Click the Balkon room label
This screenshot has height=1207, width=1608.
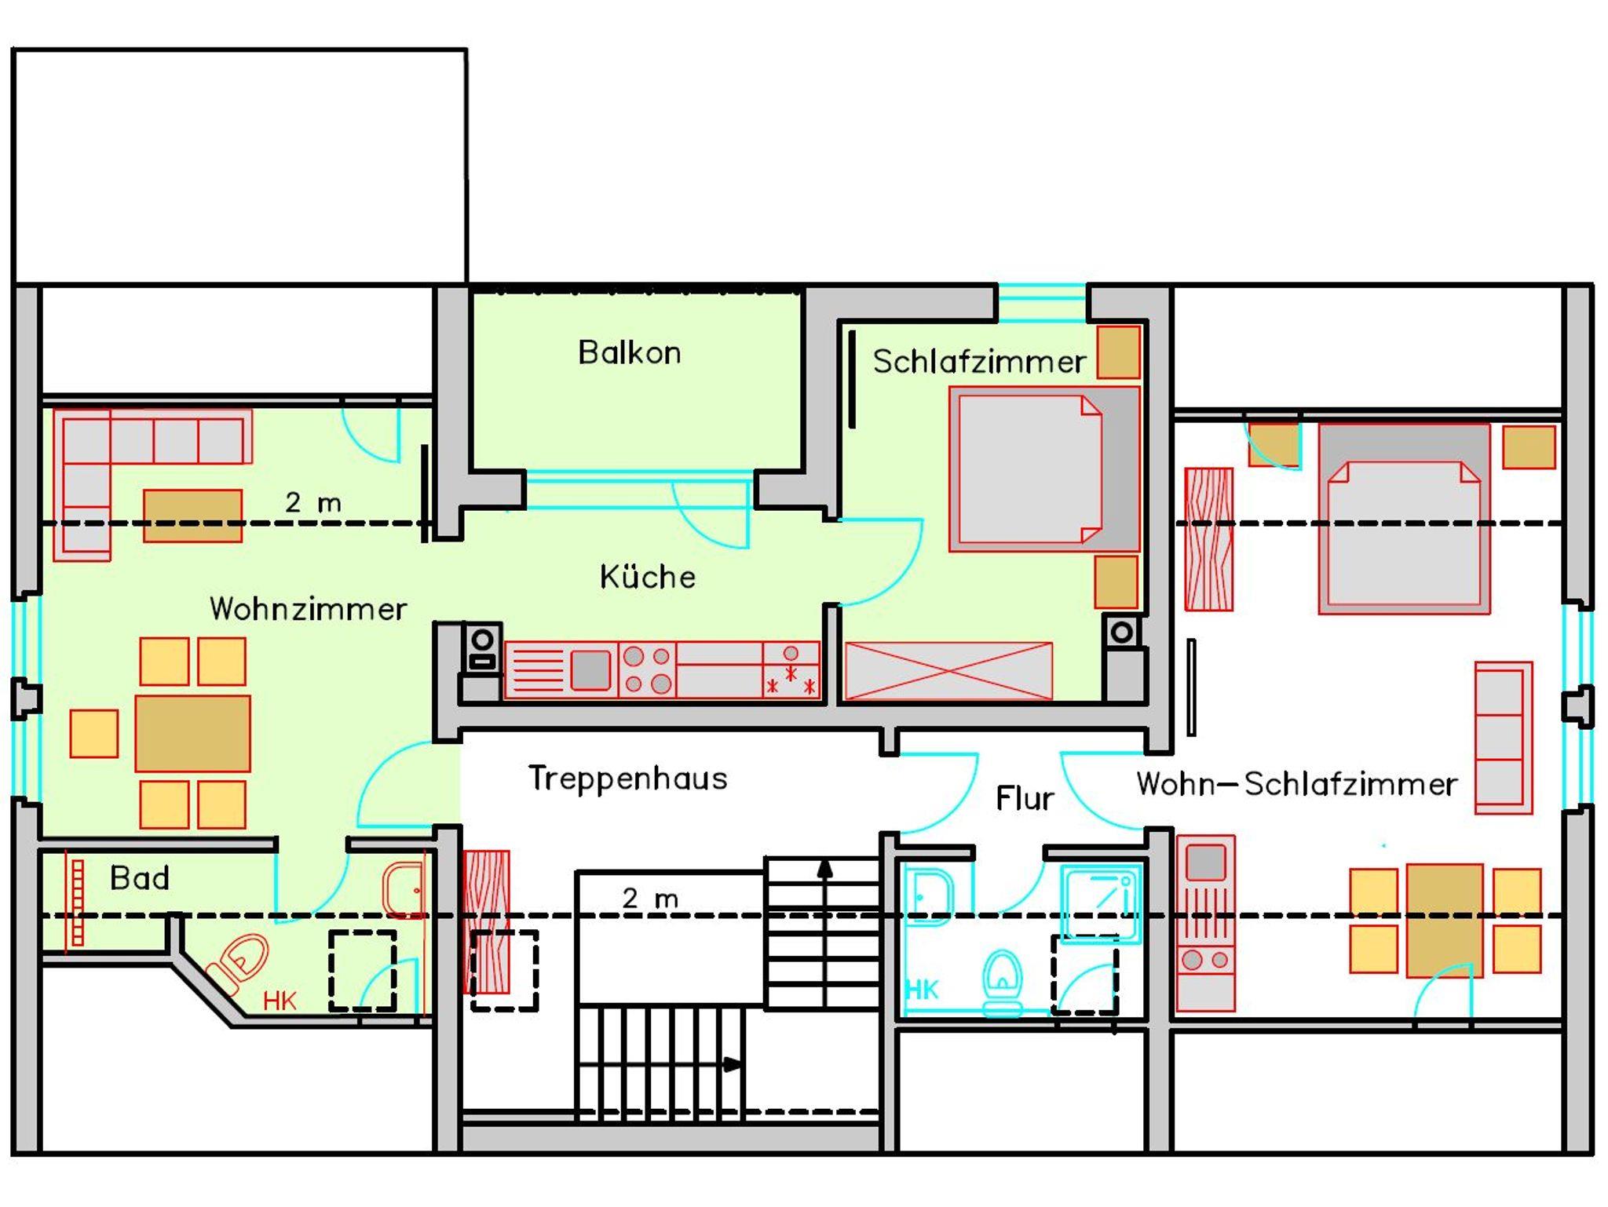629,353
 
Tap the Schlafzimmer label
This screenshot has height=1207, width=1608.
979,362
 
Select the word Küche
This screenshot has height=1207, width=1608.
648,577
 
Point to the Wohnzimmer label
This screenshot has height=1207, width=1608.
308,609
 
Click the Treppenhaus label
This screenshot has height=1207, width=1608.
628,779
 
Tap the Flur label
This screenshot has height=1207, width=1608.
1024,799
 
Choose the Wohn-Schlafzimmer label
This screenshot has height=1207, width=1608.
1297,784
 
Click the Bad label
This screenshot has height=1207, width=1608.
140,878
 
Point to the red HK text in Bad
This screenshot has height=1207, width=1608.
280,1001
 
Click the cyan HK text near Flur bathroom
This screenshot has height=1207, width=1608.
922,990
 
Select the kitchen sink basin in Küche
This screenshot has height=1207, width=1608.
590,670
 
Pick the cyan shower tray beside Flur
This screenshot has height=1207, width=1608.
1101,903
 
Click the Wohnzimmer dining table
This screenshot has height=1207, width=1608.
192,733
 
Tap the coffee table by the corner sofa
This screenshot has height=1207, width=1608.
192,516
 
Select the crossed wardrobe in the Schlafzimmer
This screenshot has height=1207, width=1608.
948,670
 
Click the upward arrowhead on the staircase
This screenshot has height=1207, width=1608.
825,868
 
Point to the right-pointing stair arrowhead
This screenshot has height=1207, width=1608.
732,1065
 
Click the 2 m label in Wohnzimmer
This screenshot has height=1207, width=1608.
313,502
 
